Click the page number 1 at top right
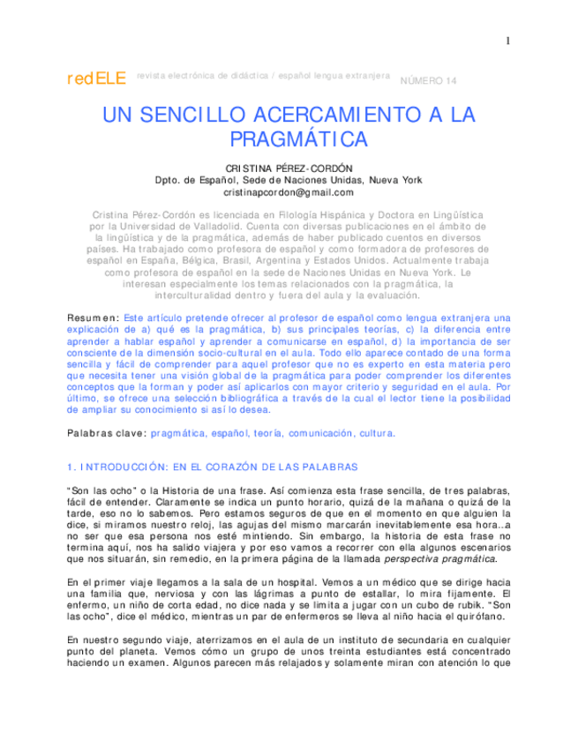coord(508,41)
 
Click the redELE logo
coord(97,79)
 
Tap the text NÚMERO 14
coord(430,81)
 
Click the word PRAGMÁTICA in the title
coord(298,139)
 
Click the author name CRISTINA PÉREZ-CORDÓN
coord(289,168)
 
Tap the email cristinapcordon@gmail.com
coord(289,191)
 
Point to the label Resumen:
coord(94,317)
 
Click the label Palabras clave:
coord(107,433)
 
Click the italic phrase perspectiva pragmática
coord(446,558)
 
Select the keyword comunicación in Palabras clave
coord(319,433)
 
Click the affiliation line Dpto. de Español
coord(289,180)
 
